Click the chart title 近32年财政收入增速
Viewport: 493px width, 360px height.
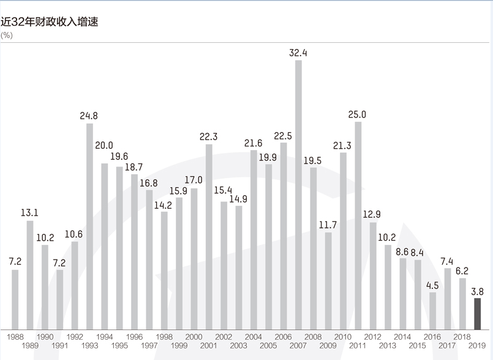coord(50,22)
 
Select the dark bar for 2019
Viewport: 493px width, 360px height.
coord(478,313)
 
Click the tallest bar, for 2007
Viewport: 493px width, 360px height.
coord(298,195)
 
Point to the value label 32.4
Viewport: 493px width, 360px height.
coord(298,53)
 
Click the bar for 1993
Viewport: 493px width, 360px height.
coord(89,227)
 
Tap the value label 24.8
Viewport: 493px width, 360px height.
coord(89,115)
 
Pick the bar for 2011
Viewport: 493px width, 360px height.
coord(358,225)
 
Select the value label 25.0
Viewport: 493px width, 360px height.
coord(357,114)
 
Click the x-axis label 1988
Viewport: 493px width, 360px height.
coord(15,337)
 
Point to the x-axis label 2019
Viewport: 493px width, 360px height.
coord(478,346)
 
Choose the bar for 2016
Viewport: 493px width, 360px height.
coord(433,310)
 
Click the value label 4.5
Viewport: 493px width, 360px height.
coord(433,285)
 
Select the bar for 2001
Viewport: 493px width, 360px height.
coord(209,237)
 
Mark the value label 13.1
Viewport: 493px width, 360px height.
coord(30,213)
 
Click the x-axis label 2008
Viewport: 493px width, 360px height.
coord(313,337)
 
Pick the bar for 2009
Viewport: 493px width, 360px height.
coord(328,280)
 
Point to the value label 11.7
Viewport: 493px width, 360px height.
coord(328,225)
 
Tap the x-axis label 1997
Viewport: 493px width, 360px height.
coord(149,346)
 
